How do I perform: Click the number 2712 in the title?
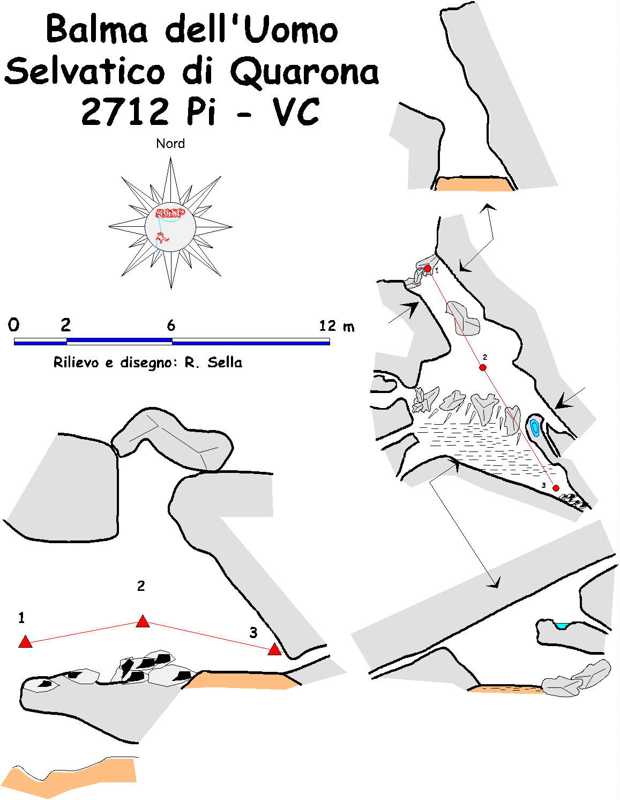pos(125,112)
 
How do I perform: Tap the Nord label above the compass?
pos(170,143)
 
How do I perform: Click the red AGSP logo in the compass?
pos(170,213)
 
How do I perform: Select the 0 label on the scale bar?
pos(13,325)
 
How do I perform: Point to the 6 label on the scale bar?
pos(171,325)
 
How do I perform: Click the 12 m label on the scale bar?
pos(337,326)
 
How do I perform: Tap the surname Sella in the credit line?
pos(225,362)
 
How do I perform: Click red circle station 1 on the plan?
pos(428,269)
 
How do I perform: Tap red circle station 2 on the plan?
pos(483,367)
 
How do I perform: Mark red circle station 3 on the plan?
pos(556,488)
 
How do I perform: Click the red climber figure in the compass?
pos(161,238)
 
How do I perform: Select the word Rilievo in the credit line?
pos(76,362)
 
